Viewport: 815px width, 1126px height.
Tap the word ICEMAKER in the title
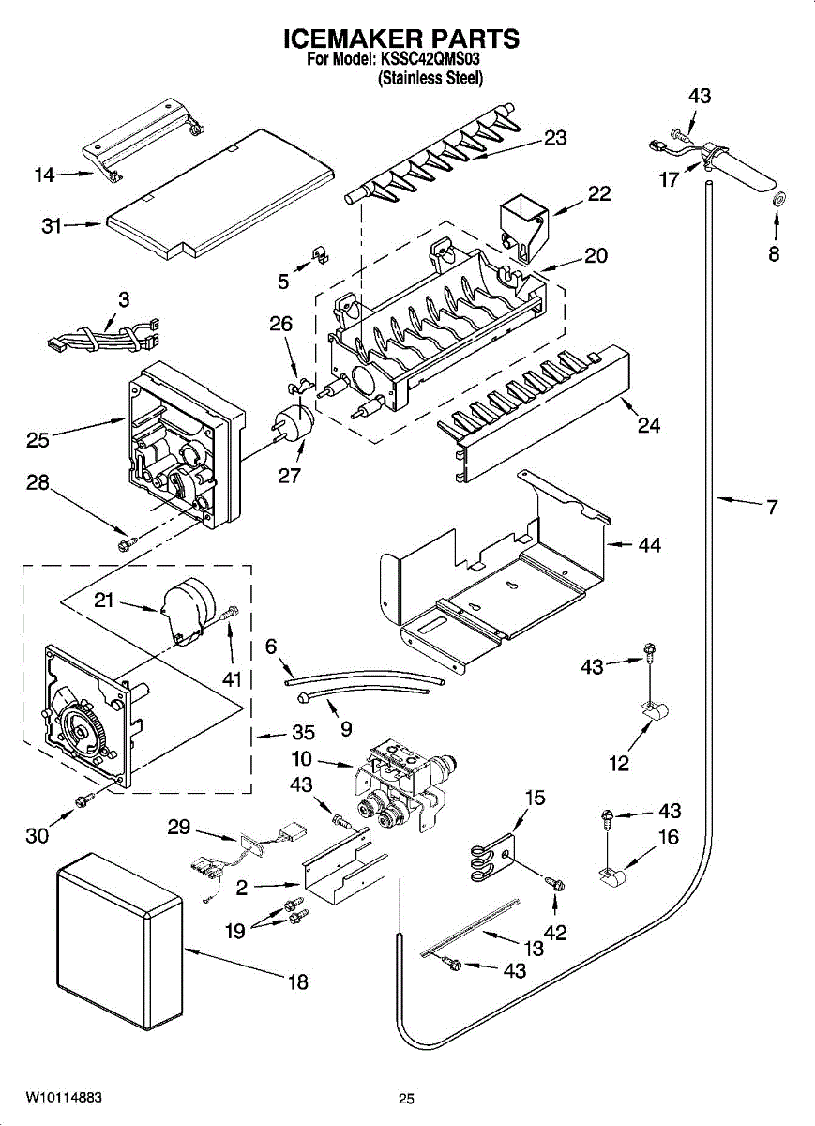click(343, 38)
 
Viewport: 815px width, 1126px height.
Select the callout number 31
click(52, 226)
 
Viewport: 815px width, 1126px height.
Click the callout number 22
click(599, 194)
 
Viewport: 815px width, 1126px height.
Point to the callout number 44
click(650, 544)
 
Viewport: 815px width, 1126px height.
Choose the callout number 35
click(304, 733)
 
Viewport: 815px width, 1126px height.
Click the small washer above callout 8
click(779, 200)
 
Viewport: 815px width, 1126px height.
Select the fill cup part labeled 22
click(524, 230)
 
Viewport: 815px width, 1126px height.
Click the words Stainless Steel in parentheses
click(430, 79)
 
